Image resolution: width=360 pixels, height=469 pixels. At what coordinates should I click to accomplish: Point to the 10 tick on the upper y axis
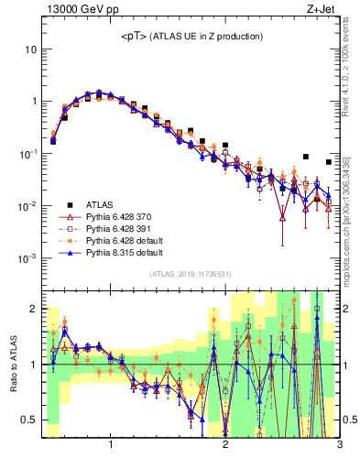[x=30, y=48]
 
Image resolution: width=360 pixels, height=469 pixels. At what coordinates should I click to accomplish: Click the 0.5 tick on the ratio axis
[x=29, y=420]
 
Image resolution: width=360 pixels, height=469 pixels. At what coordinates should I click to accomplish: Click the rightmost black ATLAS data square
[x=328, y=162]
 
